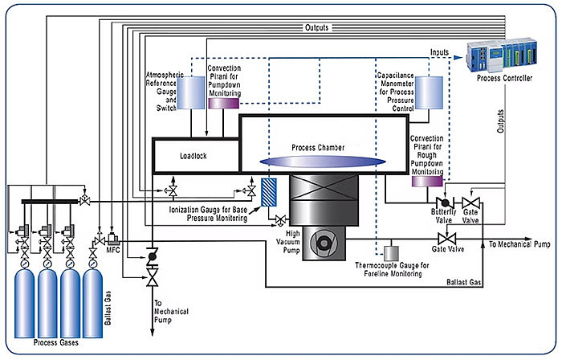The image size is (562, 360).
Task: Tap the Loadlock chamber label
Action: [193, 156]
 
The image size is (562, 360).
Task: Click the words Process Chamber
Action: [318, 147]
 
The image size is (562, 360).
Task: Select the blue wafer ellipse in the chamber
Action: [323, 162]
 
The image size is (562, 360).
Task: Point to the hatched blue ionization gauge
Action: [269, 192]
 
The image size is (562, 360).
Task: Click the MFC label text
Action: [113, 250]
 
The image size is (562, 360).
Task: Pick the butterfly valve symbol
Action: [445, 203]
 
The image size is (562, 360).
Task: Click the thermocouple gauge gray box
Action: [391, 253]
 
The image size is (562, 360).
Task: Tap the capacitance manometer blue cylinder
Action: [429, 92]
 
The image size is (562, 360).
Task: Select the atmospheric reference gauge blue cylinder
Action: [191, 92]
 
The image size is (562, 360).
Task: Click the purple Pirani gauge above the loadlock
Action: [224, 104]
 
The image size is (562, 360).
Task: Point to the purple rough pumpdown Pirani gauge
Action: [427, 181]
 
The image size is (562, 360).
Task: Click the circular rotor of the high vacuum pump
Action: [324, 243]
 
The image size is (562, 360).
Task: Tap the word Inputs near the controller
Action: [439, 52]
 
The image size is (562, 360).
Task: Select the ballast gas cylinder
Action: [92, 303]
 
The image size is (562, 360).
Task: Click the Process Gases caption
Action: [56, 342]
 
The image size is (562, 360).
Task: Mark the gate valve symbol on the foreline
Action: [447, 239]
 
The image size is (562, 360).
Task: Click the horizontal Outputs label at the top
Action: [317, 27]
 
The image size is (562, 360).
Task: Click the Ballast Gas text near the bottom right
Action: [463, 282]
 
